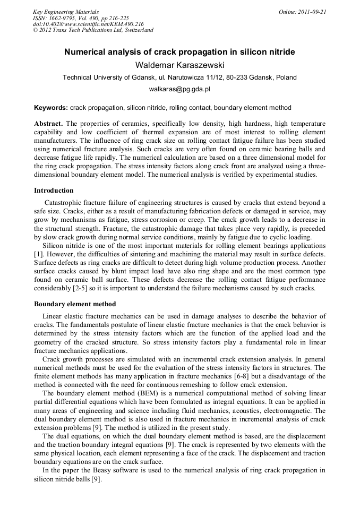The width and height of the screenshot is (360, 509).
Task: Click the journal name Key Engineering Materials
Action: pyautogui.click(x=66, y=11)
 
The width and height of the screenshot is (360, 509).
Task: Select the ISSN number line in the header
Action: pyautogui.click(x=76, y=18)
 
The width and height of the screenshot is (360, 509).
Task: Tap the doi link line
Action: pyautogui.click(x=88, y=24)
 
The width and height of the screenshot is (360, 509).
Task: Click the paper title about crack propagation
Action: pyautogui.click(x=179, y=53)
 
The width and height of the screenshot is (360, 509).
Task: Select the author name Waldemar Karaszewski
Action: pyautogui.click(x=179, y=65)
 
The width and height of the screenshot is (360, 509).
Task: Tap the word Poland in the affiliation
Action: pyautogui.click(x=286, y=77)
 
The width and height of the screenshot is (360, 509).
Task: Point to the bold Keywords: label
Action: pyautogui.click(x=51, y=107)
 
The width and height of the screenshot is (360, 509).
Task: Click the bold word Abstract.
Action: pyautogui.click(x=48, y=124)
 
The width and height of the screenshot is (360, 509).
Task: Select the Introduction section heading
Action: pyautogui.click(x=54, y=191)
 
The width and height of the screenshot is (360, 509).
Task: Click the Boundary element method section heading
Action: pyautogui.click(x=75, y=304)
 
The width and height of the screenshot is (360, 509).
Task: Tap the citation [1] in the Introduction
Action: pyautogui.click(x=38, y=254)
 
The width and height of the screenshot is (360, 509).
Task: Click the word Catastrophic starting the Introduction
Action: pyautogui.click(x=65, y=203)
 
